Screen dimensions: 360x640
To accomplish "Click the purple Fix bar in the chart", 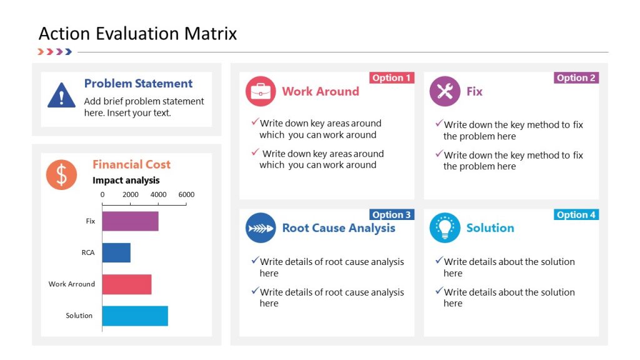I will click(130, 221).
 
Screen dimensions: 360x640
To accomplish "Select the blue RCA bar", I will click(116, 252).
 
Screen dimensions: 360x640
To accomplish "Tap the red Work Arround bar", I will click(126, 284).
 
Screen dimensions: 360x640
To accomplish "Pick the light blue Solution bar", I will click(135, 316).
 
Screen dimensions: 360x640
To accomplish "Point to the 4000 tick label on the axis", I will click(159, 194).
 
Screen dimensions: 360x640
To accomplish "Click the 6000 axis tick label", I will click(186, 194).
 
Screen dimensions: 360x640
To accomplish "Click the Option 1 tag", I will click(392, 78).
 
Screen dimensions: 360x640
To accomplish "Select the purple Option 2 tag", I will click(576, 78).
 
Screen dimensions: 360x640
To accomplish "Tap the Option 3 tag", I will click(392, 215).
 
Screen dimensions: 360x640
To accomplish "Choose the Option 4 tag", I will click(576, 215).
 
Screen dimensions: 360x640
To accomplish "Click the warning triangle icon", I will click(61, 96).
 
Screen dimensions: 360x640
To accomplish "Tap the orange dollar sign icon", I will click(61, 175).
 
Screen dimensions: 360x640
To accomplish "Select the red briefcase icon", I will click(261, 91).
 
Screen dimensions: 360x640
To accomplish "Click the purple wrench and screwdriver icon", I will click(445, 91).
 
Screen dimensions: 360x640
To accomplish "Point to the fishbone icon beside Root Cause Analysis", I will click(261, 228).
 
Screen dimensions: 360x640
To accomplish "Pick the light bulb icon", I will click(445, 228).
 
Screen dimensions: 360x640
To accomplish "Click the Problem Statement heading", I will click(138, 84).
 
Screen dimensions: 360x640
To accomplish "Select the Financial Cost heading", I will click(131, 164).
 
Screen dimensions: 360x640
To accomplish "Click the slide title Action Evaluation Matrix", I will click(137, 33).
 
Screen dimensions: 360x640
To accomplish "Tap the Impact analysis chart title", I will click(126, 181).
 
